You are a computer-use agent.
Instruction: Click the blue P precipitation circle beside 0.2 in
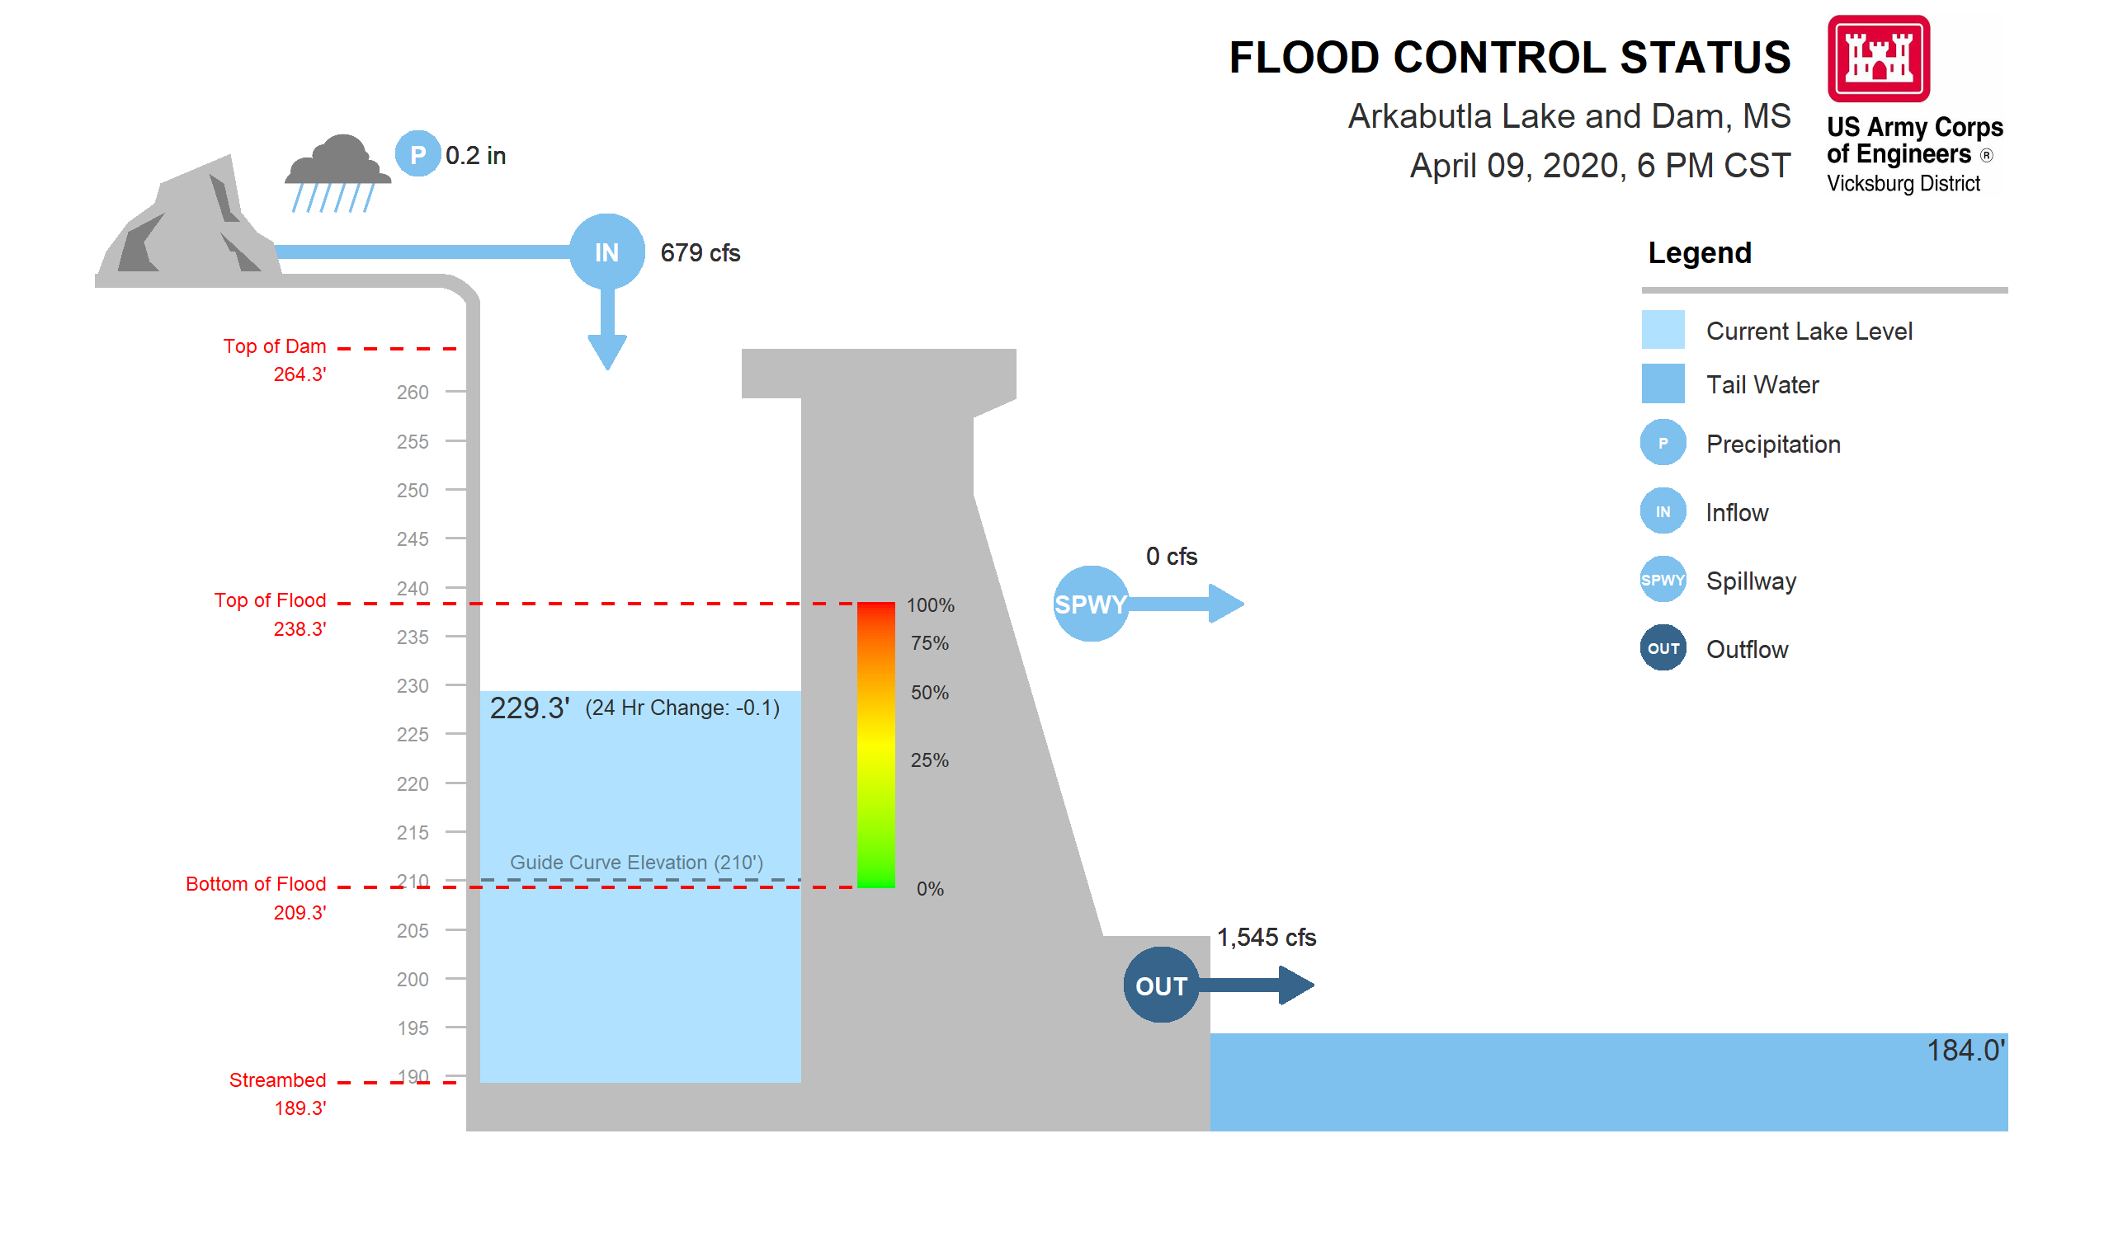(x=417, y=154)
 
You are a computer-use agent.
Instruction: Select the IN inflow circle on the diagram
(x=607, y=252)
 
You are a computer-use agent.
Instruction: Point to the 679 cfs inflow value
(x=700, y=253)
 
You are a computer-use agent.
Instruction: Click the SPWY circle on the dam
(x=1091, y=604)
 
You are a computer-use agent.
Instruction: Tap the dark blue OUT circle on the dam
(x=1161, y=985)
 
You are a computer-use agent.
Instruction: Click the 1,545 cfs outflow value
(x=1266, y=938)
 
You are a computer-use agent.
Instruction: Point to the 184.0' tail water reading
(x=1965, y=1050)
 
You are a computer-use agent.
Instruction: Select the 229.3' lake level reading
(x=530, y=708)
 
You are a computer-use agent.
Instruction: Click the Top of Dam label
(x=275, y=346)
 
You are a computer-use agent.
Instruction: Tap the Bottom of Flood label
(x=256, y=884)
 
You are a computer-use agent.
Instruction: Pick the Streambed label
(x=277, y=1080)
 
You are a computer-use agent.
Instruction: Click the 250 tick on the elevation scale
(x=413, y=490)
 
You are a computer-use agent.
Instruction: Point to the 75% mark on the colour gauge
(x=929, y=642)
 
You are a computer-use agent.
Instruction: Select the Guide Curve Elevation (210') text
(x=636, y=863)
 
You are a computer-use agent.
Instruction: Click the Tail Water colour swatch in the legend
(x=1663, y=384)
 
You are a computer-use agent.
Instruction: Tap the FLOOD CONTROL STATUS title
(x=1510, y=58)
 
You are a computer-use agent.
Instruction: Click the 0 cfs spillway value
(x=1172, y=556)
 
